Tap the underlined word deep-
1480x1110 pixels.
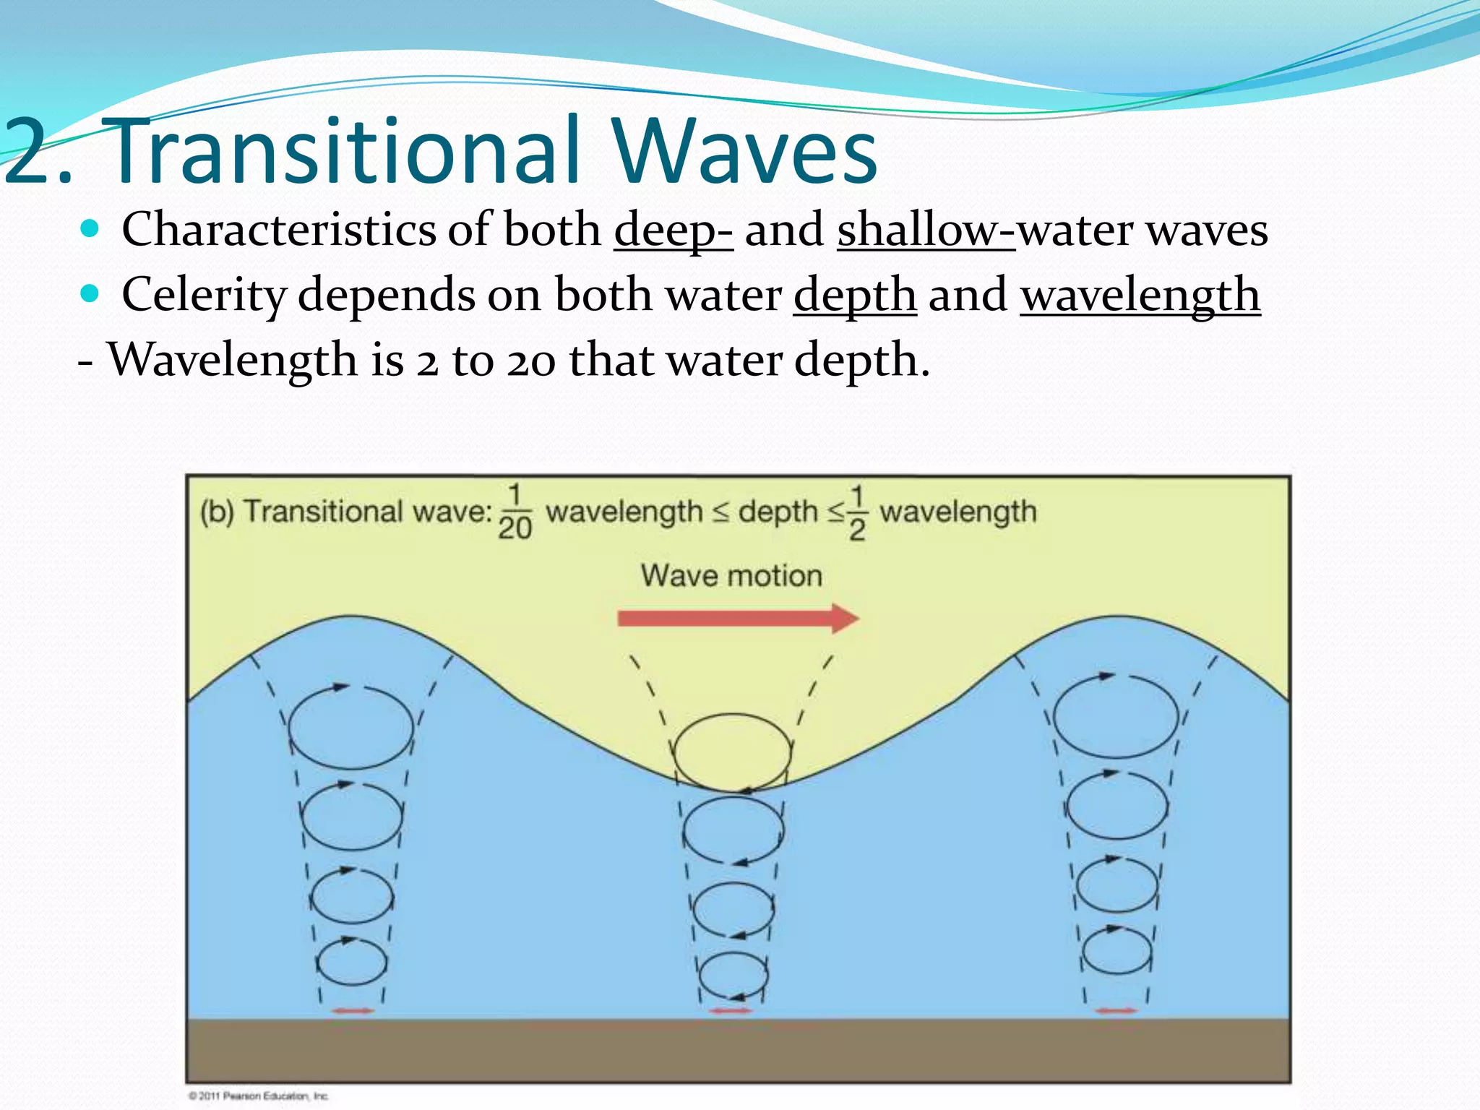(x=673, y=230)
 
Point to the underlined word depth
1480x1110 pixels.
(x=855, y=295)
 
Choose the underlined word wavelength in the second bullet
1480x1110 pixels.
(x=1140, y=295)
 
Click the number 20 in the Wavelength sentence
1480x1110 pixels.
(x=531, y=360)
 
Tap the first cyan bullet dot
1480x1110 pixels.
(x=90, y=229)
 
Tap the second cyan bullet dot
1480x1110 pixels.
(x=90, y=294)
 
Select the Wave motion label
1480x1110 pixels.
(x=731, y=576)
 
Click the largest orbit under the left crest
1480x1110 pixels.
(x=351, y=727)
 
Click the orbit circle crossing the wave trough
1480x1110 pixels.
(x=732, y=752)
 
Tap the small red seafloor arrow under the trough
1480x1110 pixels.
(x=731, y=1011)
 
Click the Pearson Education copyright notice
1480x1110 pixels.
(x=258, y=1096)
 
